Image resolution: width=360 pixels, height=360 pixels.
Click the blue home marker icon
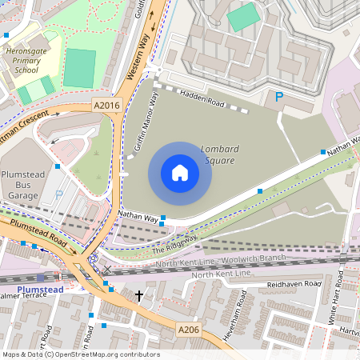click(x=179, y=173)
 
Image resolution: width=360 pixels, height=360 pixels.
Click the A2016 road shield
click(x=106, y=104)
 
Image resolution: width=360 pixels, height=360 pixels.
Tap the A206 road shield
click(x=189, y=330)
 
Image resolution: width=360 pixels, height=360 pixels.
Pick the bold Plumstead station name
click(x=39, y=290)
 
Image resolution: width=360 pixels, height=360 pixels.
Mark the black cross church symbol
click(x=139, y=296)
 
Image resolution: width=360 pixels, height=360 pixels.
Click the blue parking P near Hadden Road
click(x=278, y=97)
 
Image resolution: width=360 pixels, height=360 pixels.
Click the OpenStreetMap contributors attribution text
click(x=80, y=354)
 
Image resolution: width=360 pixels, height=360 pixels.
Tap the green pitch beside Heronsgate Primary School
click(x=79, y=68)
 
